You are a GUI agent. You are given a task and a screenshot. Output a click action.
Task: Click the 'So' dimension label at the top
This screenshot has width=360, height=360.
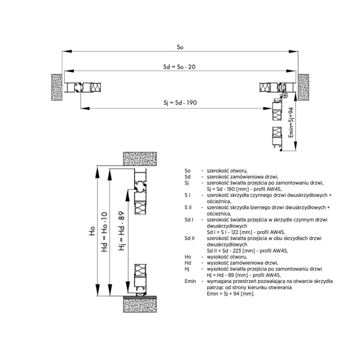pos(180,47)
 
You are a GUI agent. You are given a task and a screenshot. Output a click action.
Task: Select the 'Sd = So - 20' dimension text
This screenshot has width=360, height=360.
pos(179,67)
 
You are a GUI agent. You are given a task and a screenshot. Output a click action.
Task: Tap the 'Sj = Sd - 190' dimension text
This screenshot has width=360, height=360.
pos(180,102)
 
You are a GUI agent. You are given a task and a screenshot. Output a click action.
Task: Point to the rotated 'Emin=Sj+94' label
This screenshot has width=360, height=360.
pos(291,122)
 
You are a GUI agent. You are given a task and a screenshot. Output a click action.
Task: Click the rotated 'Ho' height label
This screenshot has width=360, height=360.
pos(92,230)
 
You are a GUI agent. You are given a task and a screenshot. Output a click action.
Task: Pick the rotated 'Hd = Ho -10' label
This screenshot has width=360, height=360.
pos(104,231)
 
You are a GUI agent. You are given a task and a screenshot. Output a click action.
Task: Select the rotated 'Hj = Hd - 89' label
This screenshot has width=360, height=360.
pos(121,230)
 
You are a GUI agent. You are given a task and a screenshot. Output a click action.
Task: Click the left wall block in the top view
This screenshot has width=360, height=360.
pos(57,87)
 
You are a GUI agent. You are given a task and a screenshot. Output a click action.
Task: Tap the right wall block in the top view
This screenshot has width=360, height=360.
pos(303,87)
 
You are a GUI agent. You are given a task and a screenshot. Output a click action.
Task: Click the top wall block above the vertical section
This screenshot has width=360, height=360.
pos(140,158)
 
